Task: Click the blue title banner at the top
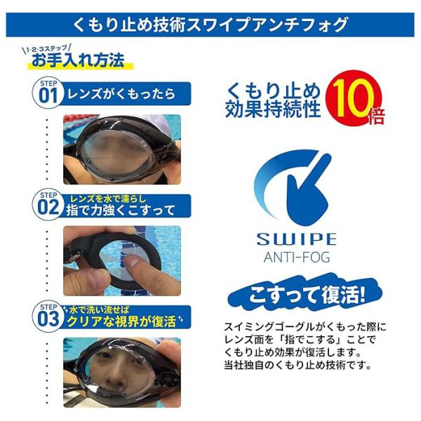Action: (x=210, y=25)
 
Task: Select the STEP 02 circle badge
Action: (x=48, y=205)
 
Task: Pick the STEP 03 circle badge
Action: (x=48, y=317)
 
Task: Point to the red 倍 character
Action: (x=376, y=116)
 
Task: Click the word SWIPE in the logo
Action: (x=296, y=239)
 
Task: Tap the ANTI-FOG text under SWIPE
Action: (x=297, y=257)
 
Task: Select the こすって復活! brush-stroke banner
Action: (x=305, y=295)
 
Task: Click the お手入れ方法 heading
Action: (x=78, y=60)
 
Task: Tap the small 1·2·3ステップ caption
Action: (x=47, y=49)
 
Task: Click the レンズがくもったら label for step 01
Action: (x=121, y=94)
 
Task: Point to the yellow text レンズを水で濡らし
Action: (x=108, y=199)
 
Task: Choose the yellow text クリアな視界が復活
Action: (x=121, y=321)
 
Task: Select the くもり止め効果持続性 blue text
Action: (x=273, y=100)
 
